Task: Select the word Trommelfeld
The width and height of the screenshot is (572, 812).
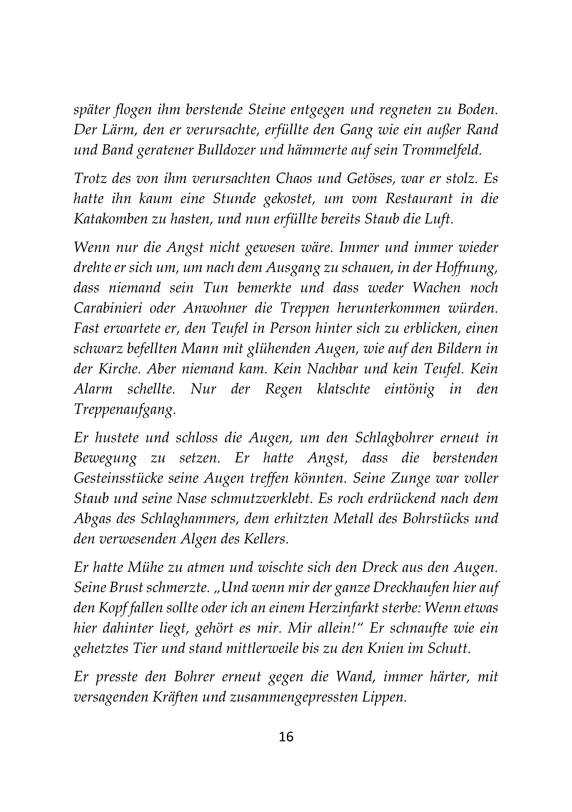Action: click(442, 150)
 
